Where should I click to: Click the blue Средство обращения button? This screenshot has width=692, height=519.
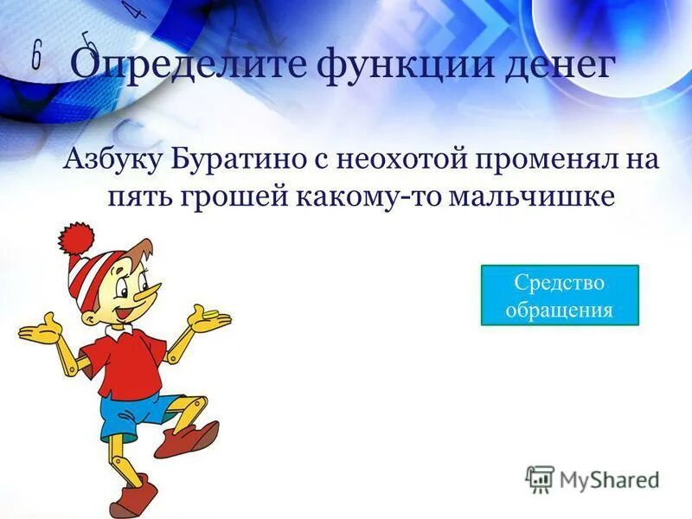pyautogui.click(x=559, y=295)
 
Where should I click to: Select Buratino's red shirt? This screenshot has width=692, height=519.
pyautogui.click(x=128, y=363)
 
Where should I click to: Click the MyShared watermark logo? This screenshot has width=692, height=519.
pyautogui.click(x=593, y=478)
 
